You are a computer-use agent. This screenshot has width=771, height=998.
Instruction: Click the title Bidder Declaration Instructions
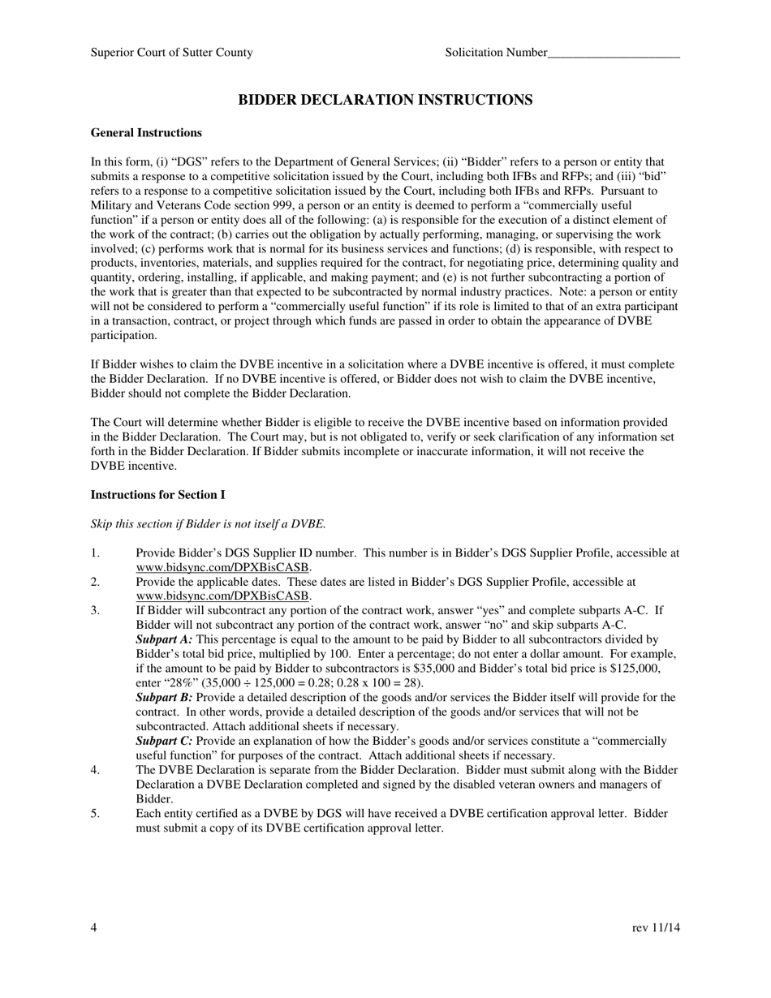385,100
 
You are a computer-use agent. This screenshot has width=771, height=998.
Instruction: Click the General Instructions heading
146,133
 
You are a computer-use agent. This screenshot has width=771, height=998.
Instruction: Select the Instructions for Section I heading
157,495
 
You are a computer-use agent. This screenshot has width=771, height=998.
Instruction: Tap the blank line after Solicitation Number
614,53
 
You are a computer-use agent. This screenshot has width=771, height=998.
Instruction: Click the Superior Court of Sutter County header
171,53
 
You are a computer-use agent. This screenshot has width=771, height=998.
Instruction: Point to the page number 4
94,928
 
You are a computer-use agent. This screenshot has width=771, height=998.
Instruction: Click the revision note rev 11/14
656,928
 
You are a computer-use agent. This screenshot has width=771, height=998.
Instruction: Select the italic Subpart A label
164,639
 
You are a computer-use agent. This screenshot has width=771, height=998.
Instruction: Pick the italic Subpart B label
164,698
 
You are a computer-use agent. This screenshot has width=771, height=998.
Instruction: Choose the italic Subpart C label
164,742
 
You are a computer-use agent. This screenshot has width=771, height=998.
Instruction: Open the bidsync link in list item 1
223,568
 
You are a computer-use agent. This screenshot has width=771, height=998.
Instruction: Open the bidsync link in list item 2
223,596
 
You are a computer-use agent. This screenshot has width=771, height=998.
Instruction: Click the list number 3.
95,611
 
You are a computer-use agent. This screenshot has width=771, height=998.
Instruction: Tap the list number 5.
95,814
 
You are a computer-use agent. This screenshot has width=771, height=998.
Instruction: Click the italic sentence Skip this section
208,524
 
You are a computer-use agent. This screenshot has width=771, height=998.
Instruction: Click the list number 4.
95,770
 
